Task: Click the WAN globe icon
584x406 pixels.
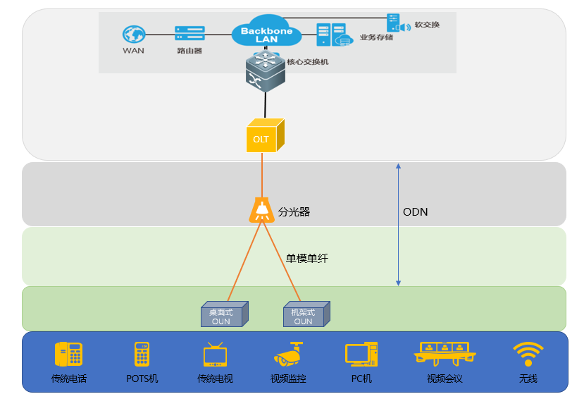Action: [133, 33]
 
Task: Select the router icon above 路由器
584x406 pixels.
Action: [189, 33]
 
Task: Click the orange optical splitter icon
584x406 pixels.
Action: [261, 211]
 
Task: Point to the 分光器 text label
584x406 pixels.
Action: [294, 211]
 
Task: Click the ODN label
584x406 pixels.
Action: [415, 211]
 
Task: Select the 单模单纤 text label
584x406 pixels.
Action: [306, 259]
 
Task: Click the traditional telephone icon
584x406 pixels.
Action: [68, 354]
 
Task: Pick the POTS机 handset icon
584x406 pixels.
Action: [142, 354]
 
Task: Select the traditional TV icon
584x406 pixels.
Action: [215, 354]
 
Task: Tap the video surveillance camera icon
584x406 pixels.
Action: [290, 354]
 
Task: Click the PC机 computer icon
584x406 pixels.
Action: [361, 354]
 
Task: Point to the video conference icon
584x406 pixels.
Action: [445, 352]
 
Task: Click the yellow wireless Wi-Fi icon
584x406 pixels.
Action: [528, 354]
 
